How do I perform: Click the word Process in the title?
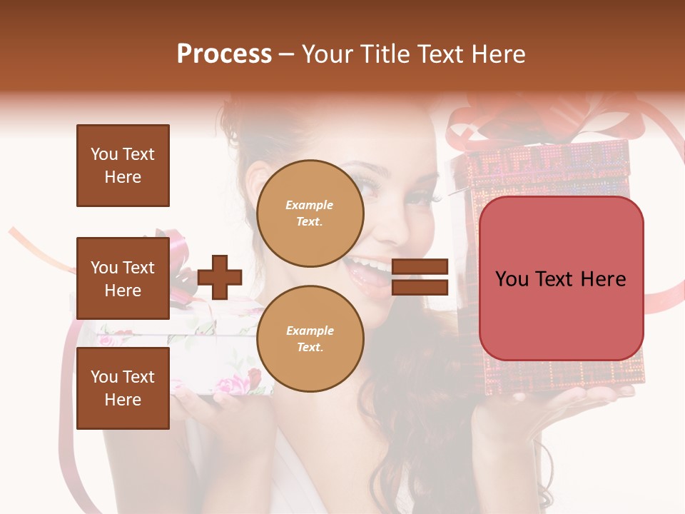pos(224,54)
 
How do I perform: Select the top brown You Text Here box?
pos(123,166)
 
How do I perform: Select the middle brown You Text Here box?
pos(123,278)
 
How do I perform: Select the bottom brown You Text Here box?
pos(123,388)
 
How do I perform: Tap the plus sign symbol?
pos(220,277)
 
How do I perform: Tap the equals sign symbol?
pos(420,277)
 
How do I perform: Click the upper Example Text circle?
pos(310,213)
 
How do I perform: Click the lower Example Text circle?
pos(310,338)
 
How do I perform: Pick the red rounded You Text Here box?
pos(561,278)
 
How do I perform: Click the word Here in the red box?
pos(603,279)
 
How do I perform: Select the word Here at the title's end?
pos(499,54)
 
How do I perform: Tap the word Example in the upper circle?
pos(310,205)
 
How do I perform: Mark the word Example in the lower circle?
pos(310,331)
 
